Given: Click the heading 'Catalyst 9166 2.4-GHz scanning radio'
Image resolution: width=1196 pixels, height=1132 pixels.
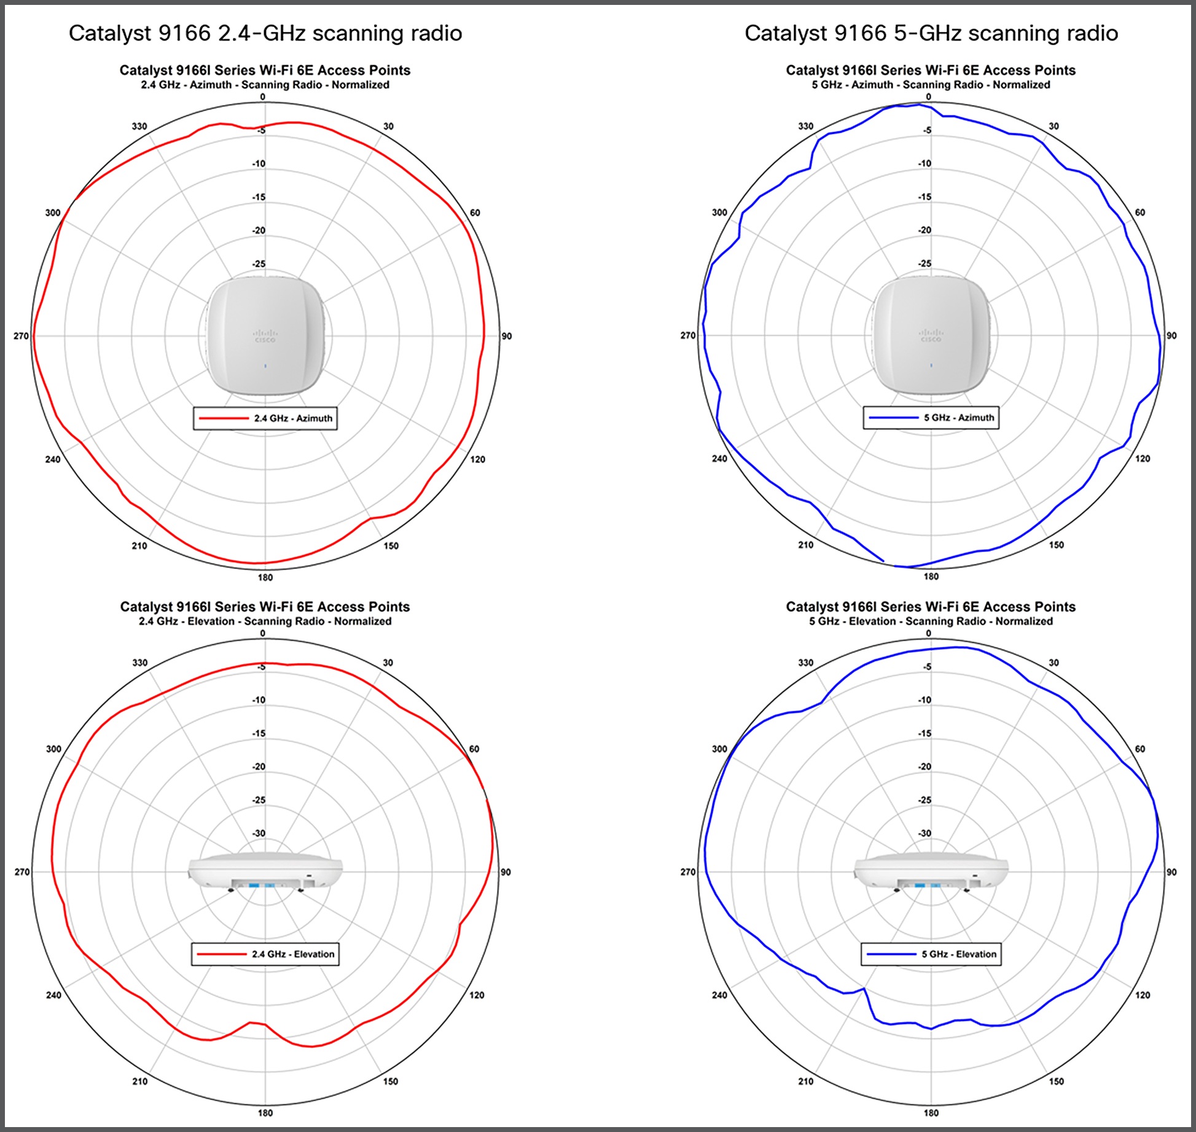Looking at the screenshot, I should click(x=265, y=33).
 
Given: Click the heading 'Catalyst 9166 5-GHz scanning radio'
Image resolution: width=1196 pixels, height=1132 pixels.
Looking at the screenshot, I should click(x=931, y=33).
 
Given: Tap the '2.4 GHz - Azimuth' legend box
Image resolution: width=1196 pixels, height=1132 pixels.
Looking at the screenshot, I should click(x=265, y=418).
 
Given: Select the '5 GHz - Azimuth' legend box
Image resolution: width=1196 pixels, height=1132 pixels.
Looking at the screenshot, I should click(x=931, y=418).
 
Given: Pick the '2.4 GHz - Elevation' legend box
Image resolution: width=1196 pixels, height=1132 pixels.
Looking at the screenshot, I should click(x=265, y=954).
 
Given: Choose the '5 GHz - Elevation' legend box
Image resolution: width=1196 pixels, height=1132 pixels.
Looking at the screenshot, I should click(x=931, y=954).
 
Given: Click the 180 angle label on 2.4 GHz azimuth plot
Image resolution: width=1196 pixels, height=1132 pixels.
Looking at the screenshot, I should click(x=265, y=577).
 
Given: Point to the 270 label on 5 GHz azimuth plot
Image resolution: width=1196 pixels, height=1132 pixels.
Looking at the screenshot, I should click(x=688, y=335).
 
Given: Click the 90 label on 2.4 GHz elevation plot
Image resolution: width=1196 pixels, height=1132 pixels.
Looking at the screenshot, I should click(x=505, y=872).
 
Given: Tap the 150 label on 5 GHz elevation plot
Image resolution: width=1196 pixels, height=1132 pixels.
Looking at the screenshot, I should click(x=1056, y=1081).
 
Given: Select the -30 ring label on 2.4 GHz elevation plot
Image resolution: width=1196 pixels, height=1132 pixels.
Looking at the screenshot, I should click(x=259, y=833).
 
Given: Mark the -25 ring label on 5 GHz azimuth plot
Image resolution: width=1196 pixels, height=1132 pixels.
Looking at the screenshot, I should click(x=924, y=263).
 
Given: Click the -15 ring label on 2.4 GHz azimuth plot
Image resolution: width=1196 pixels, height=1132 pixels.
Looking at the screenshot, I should click(x=259, y=197).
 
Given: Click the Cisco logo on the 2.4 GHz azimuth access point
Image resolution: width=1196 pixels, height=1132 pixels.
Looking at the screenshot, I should click(x=265, y=336).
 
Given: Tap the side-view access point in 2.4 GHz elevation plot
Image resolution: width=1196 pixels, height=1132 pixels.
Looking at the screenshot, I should click(x=265, y=872).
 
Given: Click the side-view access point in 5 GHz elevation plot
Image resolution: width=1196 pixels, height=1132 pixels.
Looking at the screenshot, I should click(x=931, y=872).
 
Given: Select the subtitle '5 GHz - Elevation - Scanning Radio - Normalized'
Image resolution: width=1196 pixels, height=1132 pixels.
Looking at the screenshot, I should click(x=931, y=621).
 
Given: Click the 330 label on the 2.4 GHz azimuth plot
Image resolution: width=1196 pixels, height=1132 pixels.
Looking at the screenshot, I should click(x=139, y=127).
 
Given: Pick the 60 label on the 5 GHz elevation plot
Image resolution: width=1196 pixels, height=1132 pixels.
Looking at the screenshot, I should click(x=1140, y=749).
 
